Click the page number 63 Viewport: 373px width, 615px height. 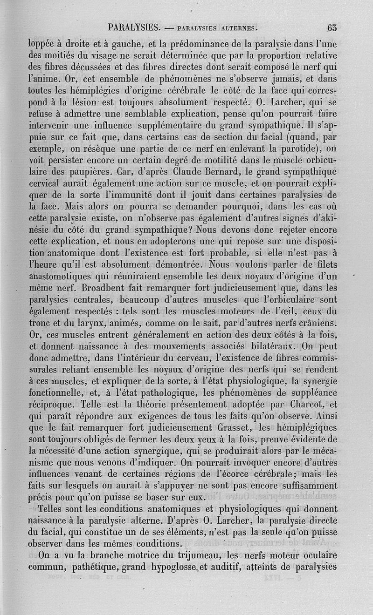[x=332, y=27]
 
